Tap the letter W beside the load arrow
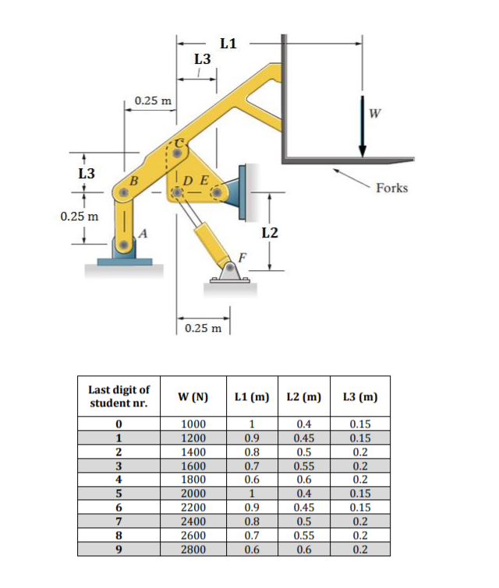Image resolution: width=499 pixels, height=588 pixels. pyautogui.click(x=376, y=114)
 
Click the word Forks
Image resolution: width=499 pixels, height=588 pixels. pyautogui.click(x=391, y=188)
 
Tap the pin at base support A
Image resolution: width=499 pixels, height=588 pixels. pyautogui.click(x=124, y=246)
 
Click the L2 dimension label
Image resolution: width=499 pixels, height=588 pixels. pyautogui.click(x=270, y=231)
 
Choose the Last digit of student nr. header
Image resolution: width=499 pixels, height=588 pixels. pyautogui.click(x=119, y=396)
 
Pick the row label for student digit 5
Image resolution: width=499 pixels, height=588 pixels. pyautogui.click(x=119, y=492)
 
